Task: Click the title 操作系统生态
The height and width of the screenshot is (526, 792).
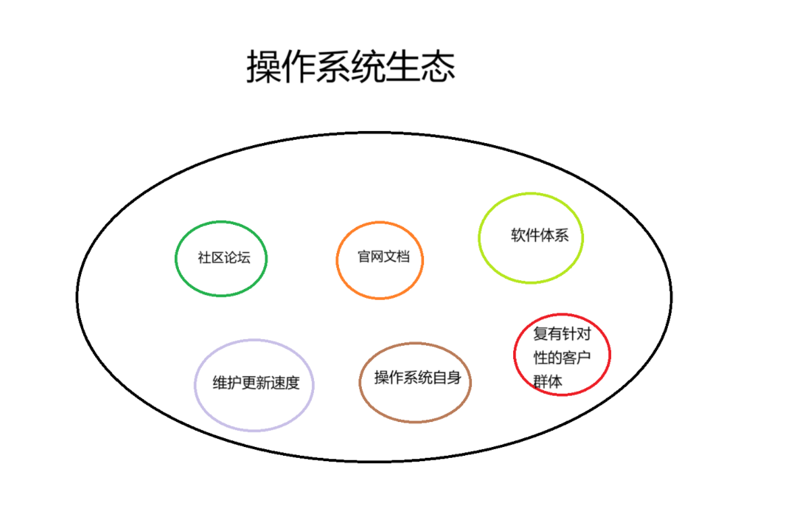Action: coord(350,67)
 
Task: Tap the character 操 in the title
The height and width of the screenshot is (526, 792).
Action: coord(263,67)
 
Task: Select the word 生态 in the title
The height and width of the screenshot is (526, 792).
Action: coord(421,67)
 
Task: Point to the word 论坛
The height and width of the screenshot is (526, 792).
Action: coord(236,258)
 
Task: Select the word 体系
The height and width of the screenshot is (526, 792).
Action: coord(555,236)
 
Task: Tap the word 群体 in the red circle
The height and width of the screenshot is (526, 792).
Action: coord(548,381)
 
